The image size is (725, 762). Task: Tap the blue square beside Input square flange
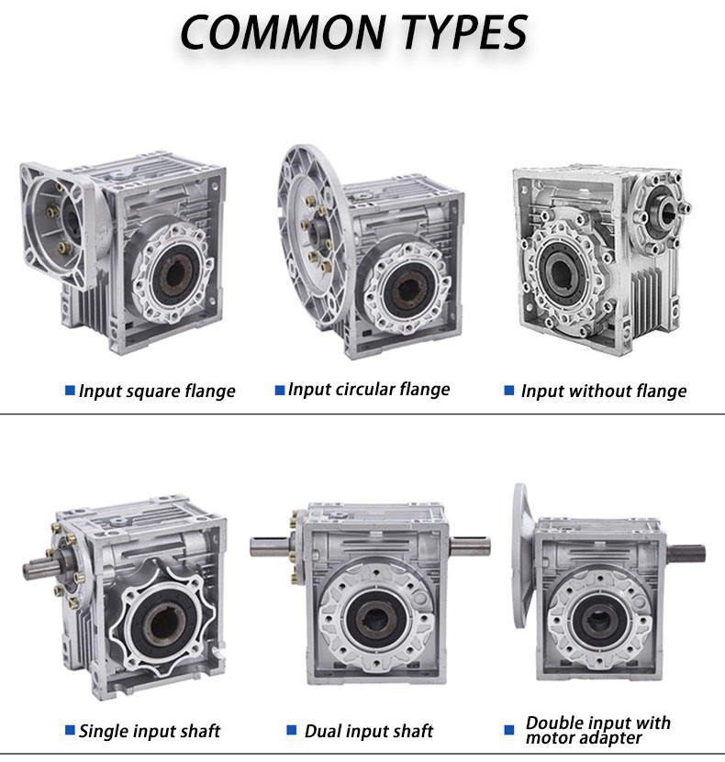70,391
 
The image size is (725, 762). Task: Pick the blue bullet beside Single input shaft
70,730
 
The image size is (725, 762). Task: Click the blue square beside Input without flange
509,391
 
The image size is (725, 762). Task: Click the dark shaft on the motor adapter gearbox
685,554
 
